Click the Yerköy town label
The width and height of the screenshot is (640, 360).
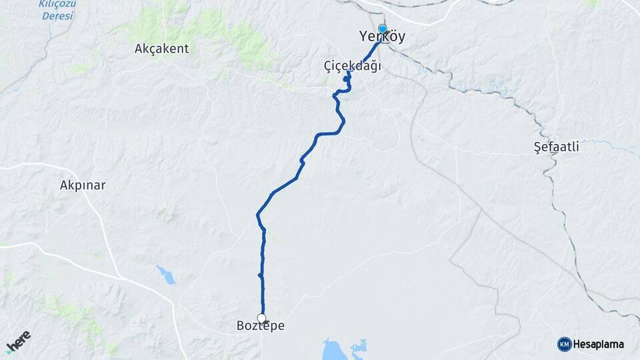tap(382, 37)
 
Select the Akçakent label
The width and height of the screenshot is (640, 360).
tap(162, 49)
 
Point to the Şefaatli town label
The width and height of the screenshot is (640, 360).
tap(557, 147)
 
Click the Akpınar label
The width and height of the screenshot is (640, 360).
tap(83, 185)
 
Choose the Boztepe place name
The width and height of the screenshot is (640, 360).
tap(261, 326)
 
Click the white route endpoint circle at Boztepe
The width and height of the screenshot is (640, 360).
tap(262, 318)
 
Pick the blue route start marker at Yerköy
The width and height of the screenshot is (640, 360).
tap(383, 29)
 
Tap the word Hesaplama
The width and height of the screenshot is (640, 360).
tap(598, 344)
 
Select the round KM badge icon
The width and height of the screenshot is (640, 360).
tap(564, 344)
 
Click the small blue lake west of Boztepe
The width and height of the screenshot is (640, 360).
tap(165, 274)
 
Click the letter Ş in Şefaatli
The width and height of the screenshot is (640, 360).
tap(538, 147)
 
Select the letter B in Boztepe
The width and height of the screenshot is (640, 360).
tap(241, 326)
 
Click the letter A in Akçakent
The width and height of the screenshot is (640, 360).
tap(139, 49)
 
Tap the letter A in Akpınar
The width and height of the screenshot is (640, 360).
tap(63, 185)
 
